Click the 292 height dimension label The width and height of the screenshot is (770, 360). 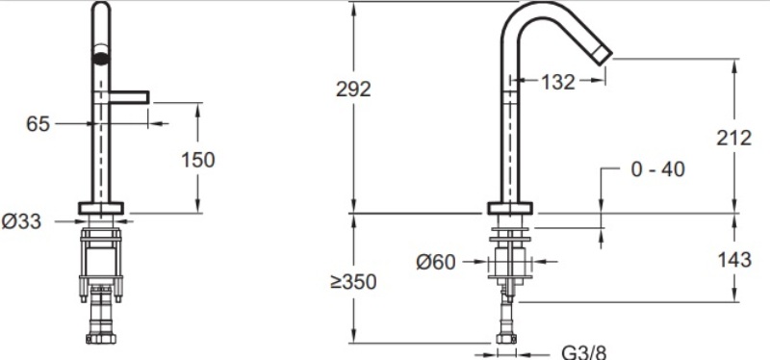(353, 90)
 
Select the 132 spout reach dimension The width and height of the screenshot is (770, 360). (558, 82)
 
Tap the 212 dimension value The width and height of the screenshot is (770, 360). (733, 138)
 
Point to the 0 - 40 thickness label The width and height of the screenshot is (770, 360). (657, 169)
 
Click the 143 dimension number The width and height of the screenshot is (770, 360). (734, 259)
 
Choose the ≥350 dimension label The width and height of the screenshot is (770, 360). (353, 282)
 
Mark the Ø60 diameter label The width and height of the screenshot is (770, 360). (436, 262)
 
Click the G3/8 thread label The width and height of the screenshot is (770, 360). (584, 352)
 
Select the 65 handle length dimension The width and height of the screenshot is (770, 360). (38, 124)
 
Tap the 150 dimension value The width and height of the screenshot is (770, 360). (198, 160)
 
